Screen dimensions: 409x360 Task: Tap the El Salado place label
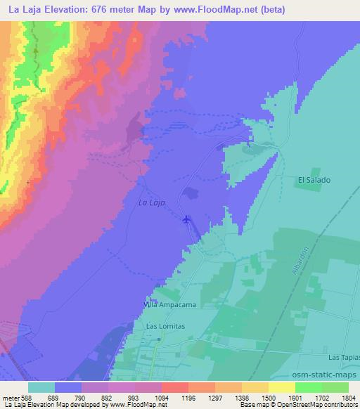pyautogui.click(x=314, y=180)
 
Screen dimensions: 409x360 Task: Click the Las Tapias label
pyautogui.click(x=343, y=358)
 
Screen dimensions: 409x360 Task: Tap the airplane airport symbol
pyautogui.click(x=186, y=220)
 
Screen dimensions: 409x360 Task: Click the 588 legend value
pyautogui.click(x=27, y=397)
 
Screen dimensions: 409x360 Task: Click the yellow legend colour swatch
pyautogui.click(x=281, y=387)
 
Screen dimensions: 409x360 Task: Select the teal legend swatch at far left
pyautogui.click(x=42, y=387)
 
